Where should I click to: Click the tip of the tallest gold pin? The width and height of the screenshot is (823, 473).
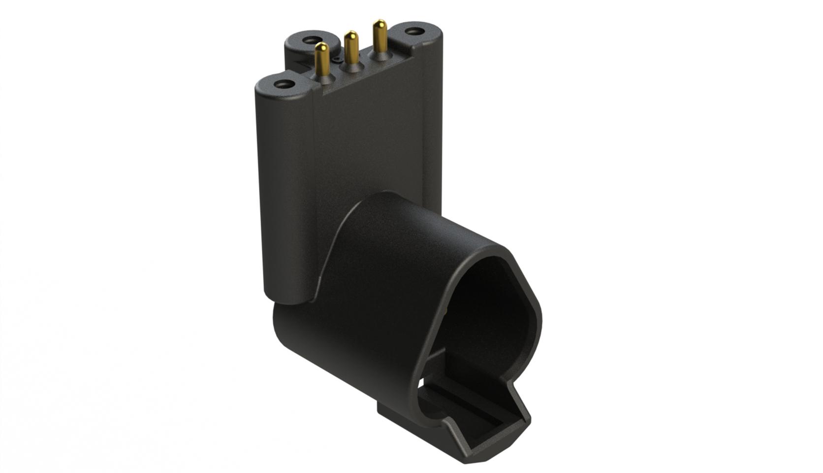[379, 23]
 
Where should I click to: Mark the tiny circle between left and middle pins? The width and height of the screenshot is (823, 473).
[336, 58]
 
